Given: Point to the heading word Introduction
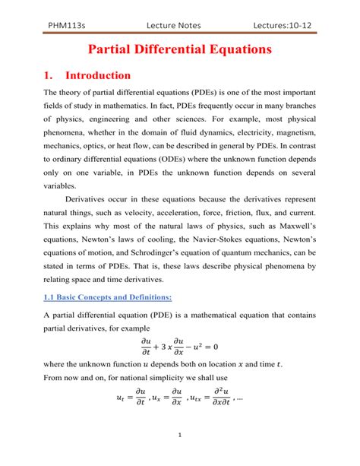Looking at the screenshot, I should click(98, 76).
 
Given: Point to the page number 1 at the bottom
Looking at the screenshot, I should click(179, 456).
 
